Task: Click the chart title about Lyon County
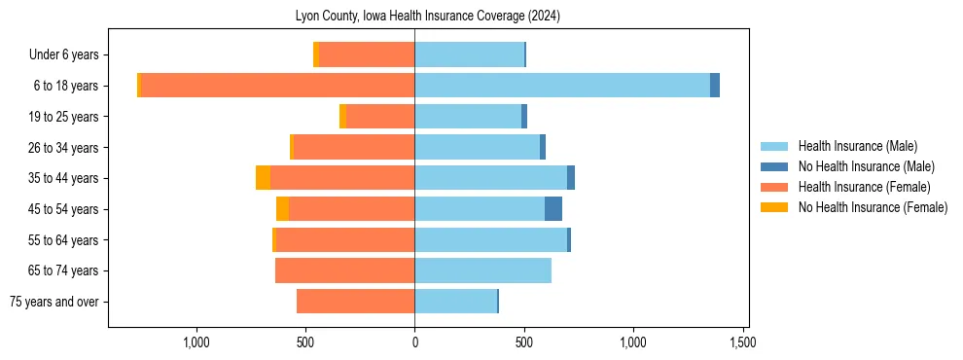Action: pos(427,17)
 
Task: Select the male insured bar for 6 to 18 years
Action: pos(562,86)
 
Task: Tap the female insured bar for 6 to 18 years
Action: pos(278,86)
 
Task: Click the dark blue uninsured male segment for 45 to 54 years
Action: pos(553,209)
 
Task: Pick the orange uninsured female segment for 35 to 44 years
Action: pos(263,178)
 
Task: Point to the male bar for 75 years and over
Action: pos(455,302)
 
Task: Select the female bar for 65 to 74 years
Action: pos(345,270)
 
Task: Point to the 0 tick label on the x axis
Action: pos(415,342)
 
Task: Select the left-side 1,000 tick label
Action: pos(196,342)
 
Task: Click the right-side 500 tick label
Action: pos(524,342)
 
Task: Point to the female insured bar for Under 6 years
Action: pos(367,54)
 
